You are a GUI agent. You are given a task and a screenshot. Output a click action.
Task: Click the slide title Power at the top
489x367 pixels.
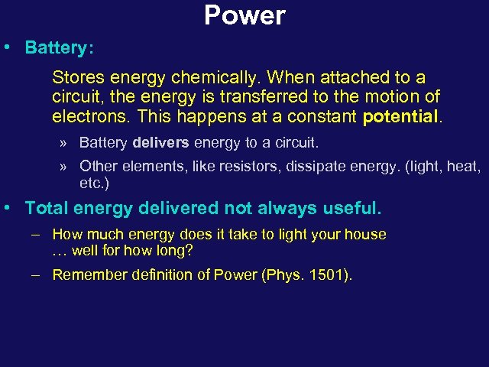click(244, 15)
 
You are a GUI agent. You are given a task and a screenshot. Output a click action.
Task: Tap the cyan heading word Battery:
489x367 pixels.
click(59, 47)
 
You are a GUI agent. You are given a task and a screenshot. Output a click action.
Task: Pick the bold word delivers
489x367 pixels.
click(160, 142)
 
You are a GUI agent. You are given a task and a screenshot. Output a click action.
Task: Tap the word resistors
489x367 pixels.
click(254, 165)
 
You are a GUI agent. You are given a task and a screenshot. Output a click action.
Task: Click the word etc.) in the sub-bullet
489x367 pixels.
click(94, 183)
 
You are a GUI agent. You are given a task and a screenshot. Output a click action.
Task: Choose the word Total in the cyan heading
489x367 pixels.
click(47, 208)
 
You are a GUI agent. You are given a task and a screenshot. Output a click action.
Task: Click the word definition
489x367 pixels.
click(160, 275)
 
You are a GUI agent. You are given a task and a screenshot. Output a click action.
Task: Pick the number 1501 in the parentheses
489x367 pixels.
click(330, 275)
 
